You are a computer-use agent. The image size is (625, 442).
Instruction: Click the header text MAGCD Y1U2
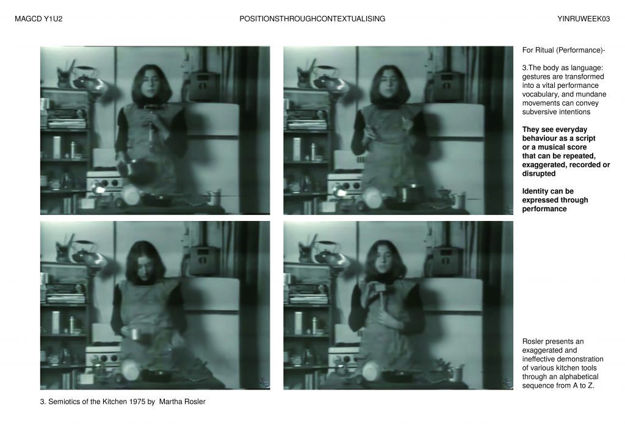click(38, 19)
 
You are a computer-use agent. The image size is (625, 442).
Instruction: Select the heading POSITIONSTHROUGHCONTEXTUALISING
click(312, 19)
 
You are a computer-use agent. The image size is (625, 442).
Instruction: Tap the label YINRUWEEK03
click(583, 19)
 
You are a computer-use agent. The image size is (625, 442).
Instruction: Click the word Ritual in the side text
click(545, 50)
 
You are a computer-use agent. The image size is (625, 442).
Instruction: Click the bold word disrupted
click(539, 174)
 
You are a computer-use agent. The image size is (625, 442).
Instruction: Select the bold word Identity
click(536, 191)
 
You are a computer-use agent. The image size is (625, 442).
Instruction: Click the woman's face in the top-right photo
click(390, 84)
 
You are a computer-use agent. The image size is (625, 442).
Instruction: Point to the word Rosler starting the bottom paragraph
click(532, 341)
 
